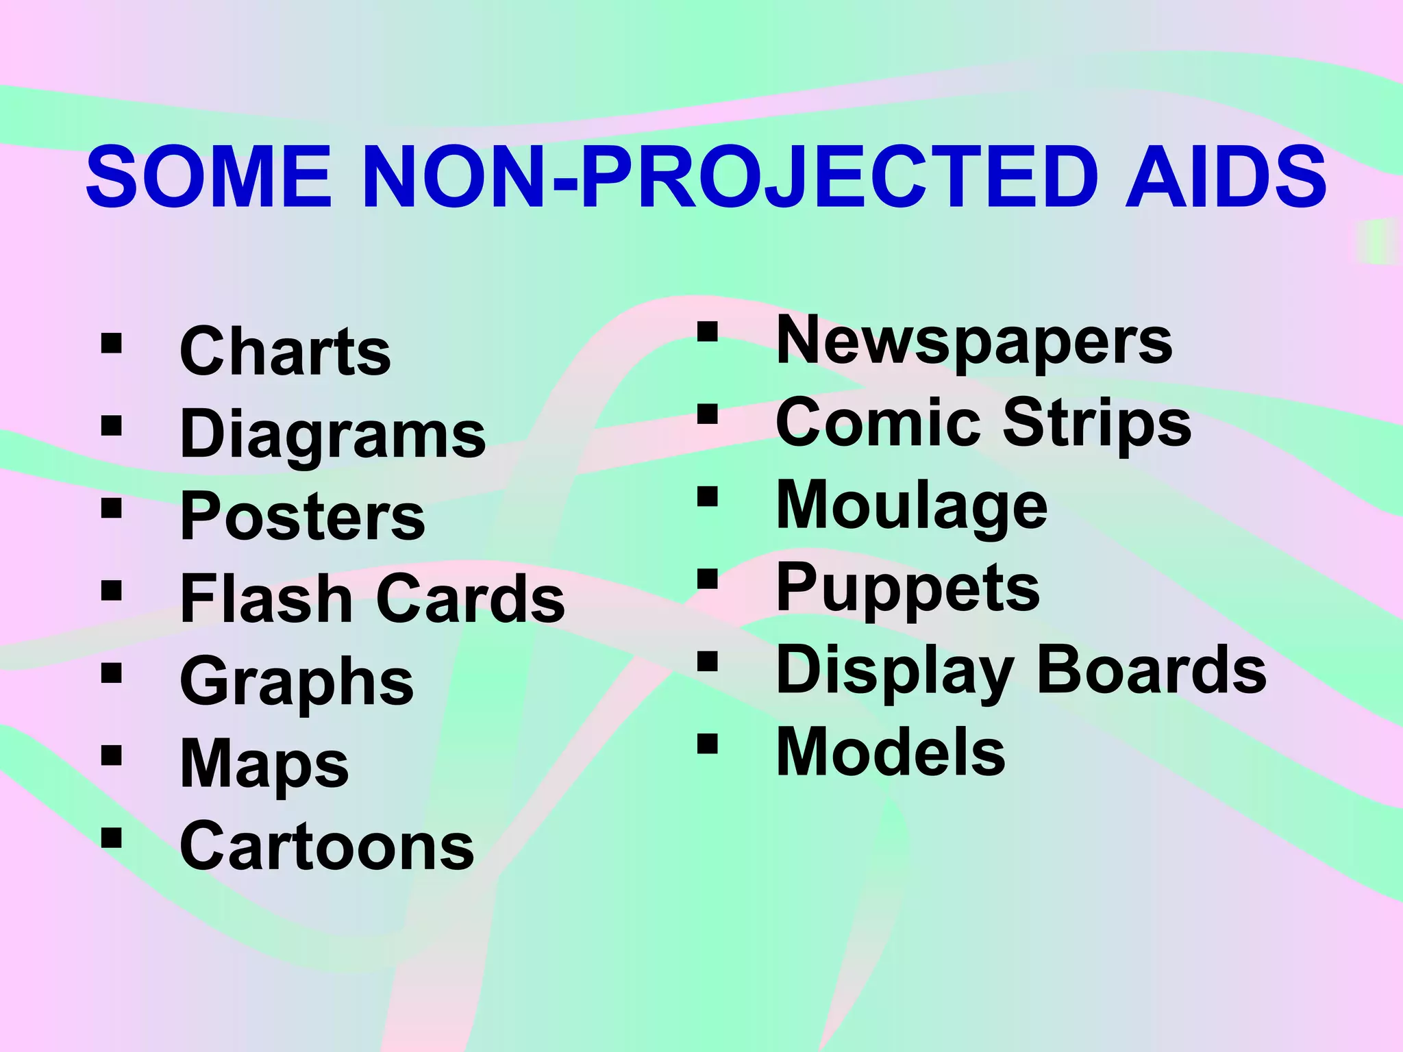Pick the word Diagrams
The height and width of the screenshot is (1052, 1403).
(333, 436)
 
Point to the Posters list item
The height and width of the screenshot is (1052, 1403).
(302, 517)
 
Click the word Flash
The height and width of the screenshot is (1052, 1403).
(266, 599)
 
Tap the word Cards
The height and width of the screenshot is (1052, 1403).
(471, 599)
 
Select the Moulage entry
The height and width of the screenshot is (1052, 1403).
(911, 507)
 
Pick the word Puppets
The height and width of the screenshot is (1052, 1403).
(908, 590)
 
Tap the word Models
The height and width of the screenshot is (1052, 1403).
(891, 753)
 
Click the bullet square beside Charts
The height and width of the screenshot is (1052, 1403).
(111, 342)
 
